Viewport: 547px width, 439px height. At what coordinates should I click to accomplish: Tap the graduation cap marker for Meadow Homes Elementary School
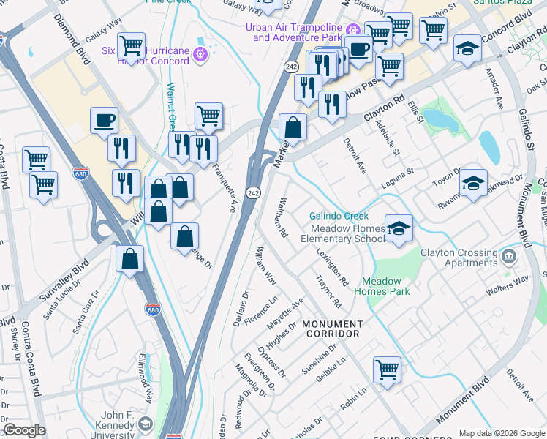[x=399, y=229]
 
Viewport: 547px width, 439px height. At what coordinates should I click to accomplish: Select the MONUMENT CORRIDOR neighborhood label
[x=331, y=329]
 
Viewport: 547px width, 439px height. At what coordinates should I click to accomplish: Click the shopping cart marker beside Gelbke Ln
[x=387, y=369]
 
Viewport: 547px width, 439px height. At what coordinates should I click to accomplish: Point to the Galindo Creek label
[x=339, y=216]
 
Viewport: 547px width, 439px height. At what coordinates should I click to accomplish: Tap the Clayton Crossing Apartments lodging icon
[x=510, y=257]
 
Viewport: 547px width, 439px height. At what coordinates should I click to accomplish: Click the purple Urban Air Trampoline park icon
[x=352, y=30]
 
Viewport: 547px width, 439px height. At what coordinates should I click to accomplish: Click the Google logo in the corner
[x=24, y=430]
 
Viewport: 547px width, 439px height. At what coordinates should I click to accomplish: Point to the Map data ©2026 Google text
[x=501, y=432]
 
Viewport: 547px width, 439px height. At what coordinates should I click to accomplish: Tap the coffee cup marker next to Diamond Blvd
[x=104, y=120]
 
